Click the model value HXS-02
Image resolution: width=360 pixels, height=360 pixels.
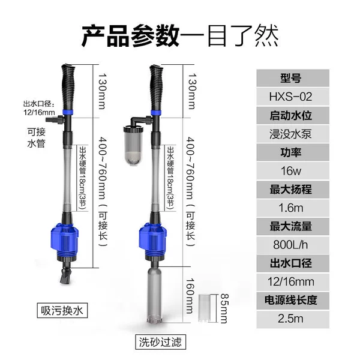pyautogui.click(x=290, y=97)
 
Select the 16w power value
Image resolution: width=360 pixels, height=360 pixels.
pyautogui.click(x=291, y=171)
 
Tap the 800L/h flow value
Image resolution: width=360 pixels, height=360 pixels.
pyautogui.click(x=290, y=245)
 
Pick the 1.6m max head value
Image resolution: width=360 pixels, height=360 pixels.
pyautogui.click(x=291, y=208)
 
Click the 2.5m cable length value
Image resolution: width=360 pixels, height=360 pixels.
pyautogui.click(x=290, y=319)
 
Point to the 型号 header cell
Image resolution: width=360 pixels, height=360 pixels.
pyautogui.click(x=293, y=78)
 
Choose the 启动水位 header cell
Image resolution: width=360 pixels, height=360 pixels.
pyautogui.click(x=293, y=115)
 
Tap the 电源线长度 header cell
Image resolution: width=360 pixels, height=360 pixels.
pyautogui.click(x=293, y=301)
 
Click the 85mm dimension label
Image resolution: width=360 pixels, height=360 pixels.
pyautogui.click(x=224, y=308)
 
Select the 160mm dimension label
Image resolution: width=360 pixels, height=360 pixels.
pyautogui.click(x=190, y=296)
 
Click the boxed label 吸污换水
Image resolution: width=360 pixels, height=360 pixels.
pyautogui.click(x=62, y=311)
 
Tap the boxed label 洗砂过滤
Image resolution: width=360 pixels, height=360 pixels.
pyautogui.click(x=160, y=342)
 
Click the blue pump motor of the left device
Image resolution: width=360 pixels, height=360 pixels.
pyautogui.click(x=64, y=241)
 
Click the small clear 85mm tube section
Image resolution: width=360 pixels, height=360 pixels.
pyautogui.click(x=204, y=308)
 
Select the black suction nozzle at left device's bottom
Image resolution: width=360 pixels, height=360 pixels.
pyautogui.click(x=66, y=275)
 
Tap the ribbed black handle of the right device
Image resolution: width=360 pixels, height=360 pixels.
pyautogui.click(x=156, y=88)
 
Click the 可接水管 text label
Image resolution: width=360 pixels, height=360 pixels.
pyautogui.click(x=36, y=137)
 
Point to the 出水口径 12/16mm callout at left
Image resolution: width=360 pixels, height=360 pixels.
pyautogui.click(x=39, y=108)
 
